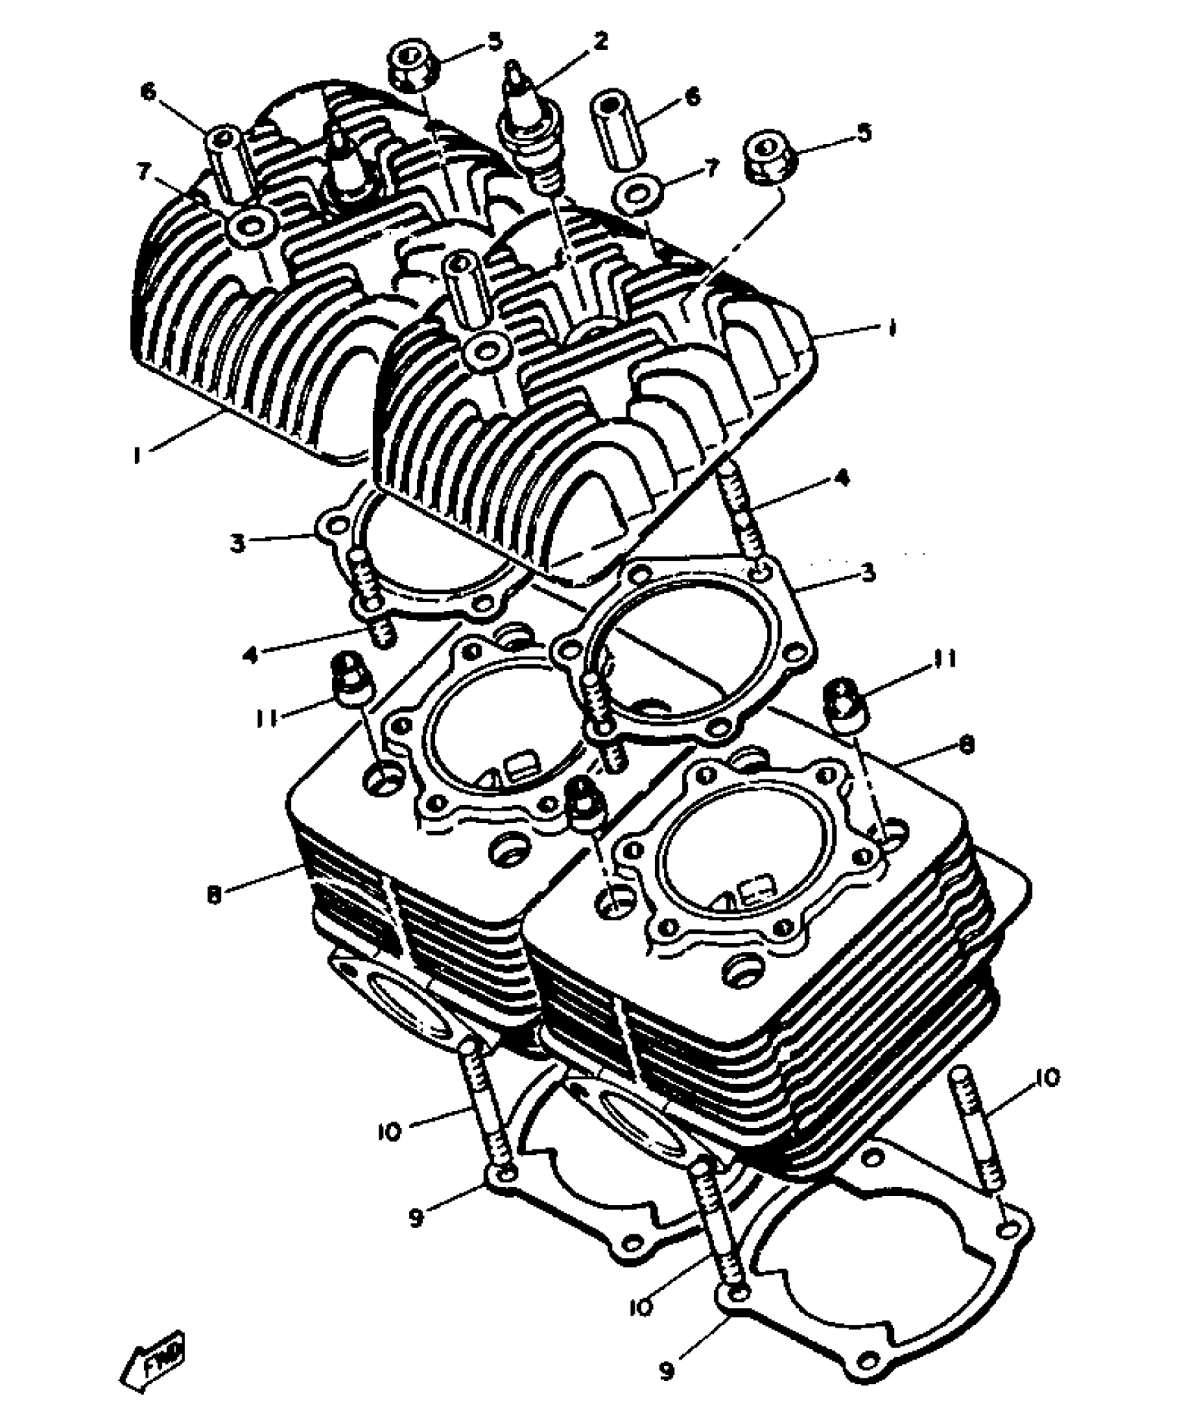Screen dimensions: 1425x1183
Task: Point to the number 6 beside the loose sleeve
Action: [x=693, y=97]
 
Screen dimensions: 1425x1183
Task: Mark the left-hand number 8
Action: [x=214, y=895]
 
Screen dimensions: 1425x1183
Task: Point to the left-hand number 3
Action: [x=238, y=542]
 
